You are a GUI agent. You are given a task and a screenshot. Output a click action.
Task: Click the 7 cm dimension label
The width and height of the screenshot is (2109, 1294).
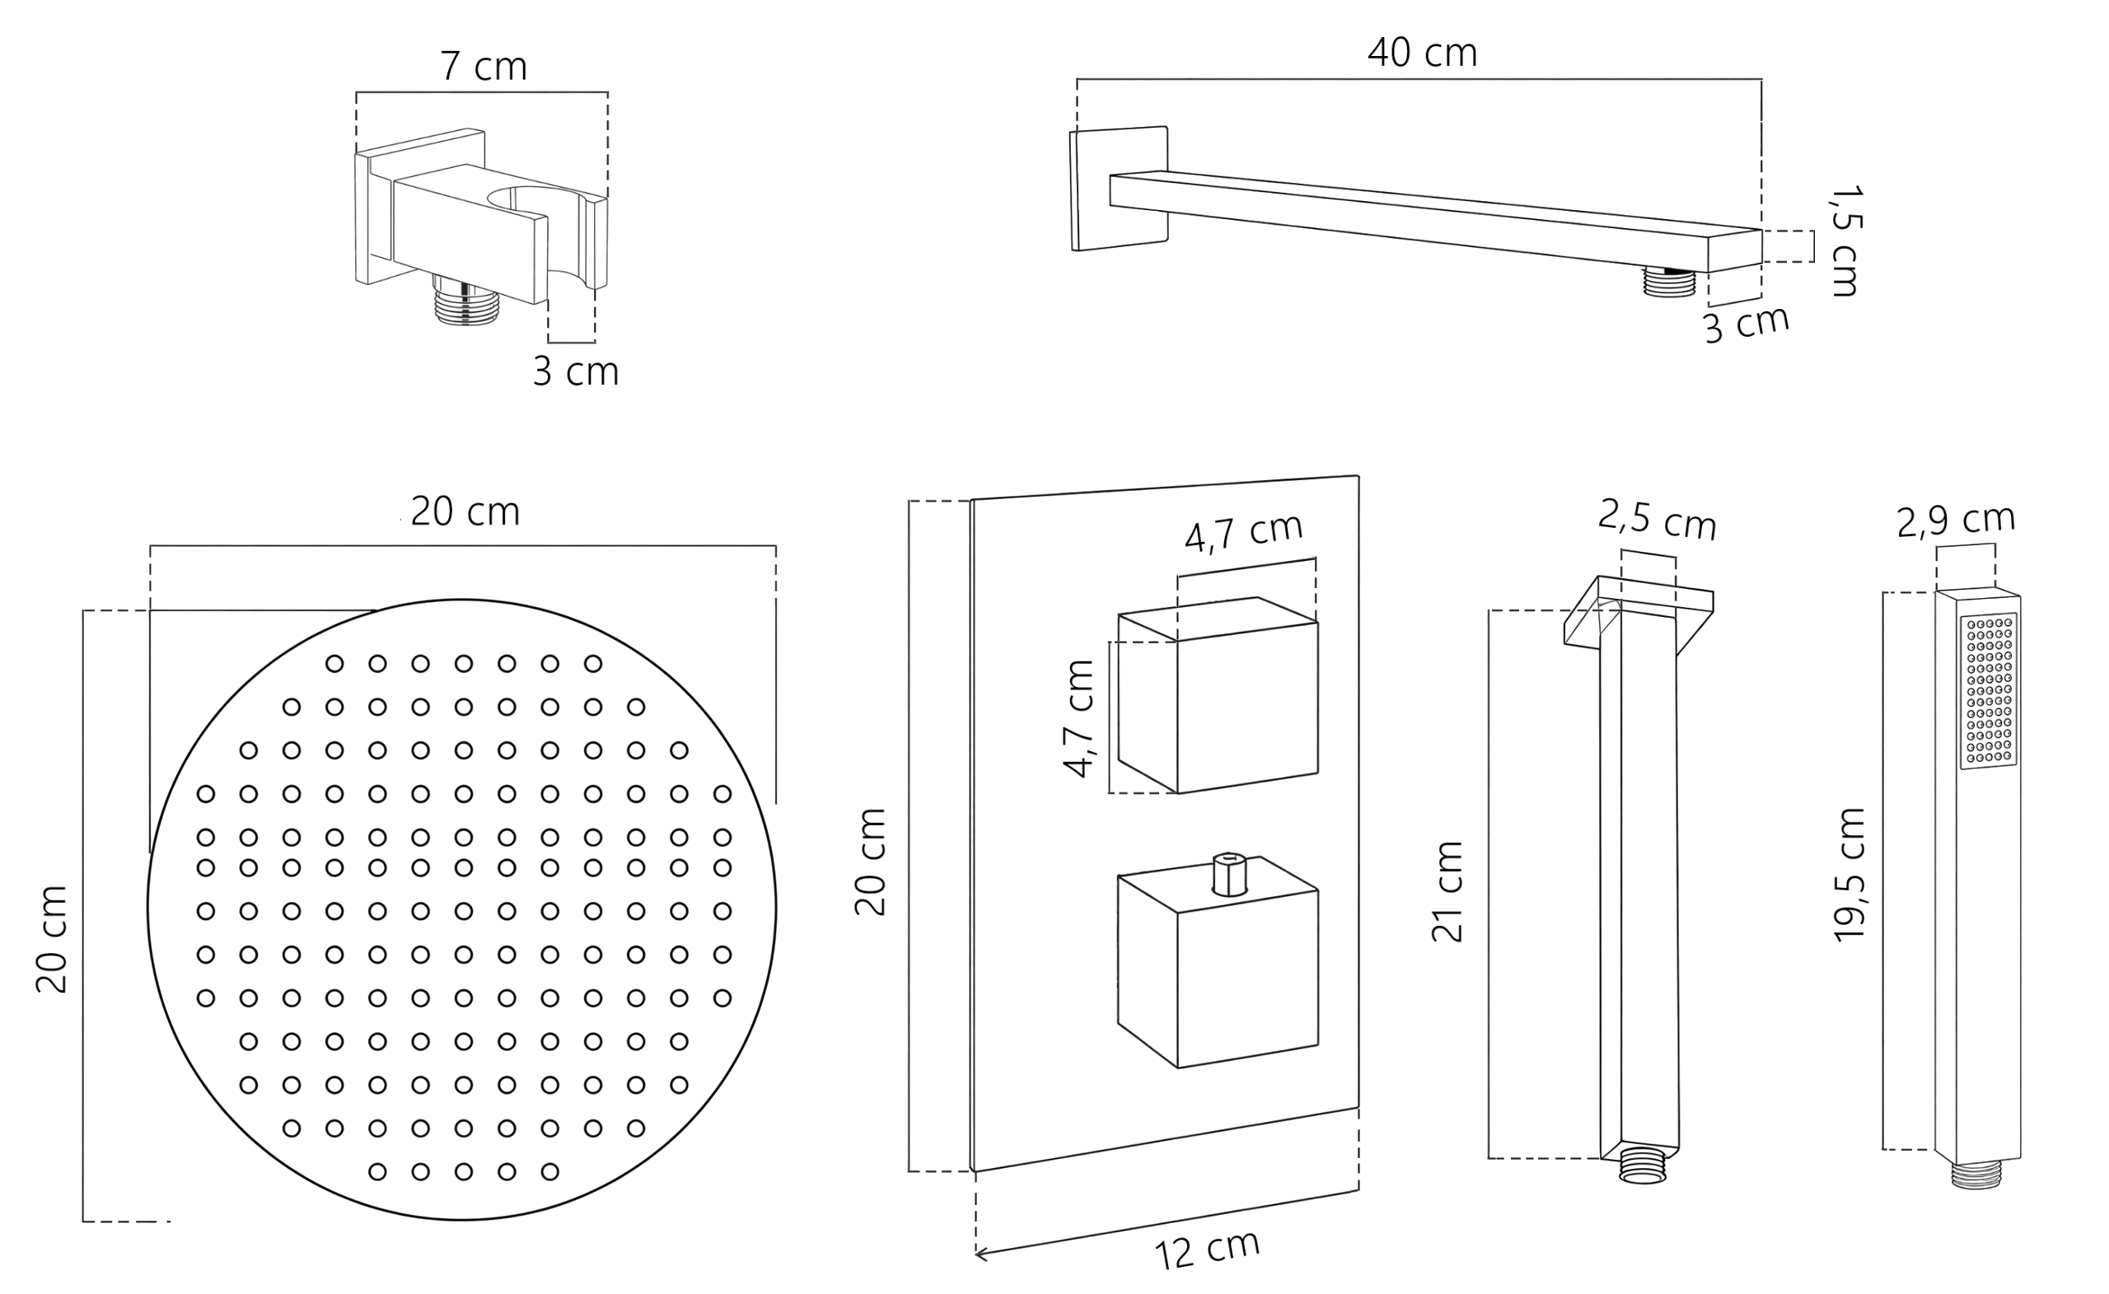(x=484, y=67)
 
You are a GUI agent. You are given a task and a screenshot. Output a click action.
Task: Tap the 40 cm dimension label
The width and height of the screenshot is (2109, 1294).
(x=1422, y=53)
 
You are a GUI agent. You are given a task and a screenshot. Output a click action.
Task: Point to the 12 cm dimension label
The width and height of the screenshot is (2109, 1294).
(x=1207, y=1250)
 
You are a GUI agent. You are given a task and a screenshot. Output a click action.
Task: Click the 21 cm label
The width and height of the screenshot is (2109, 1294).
(x=1447, y=892)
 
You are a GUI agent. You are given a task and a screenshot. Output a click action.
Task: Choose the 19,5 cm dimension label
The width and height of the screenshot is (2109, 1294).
(x=1849, y=875)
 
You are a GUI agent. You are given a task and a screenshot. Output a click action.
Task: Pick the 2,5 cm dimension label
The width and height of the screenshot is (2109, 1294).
(x=1657, y=521)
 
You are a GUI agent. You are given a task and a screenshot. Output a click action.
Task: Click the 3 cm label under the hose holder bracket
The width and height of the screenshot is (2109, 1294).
(x=575, y=371)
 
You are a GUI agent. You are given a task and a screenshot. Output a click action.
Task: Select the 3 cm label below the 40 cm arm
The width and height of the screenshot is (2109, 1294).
(x=1746, y=324)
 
